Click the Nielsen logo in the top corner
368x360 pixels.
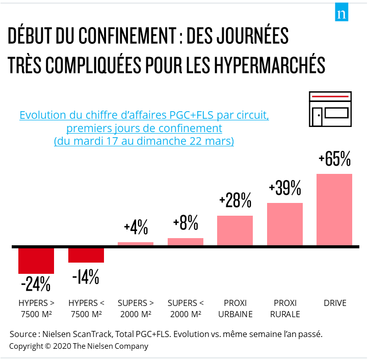coord(341,14)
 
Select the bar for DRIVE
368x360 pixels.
coord(334,210)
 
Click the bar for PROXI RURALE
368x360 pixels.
coord(285,224)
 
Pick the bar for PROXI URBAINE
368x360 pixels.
coord(235,231)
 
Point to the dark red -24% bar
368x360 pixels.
coord(36,261)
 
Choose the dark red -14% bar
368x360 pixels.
coord(86,255)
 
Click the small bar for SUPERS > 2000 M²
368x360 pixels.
coord(136,244)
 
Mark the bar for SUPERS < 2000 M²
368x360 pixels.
coord(186,242)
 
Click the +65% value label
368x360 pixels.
coord(334,160)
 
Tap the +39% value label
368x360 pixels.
coord(285,189)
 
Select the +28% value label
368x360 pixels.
coord(235,201)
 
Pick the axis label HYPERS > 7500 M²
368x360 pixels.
coord(36,308)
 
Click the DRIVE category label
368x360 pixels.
coord(335,303)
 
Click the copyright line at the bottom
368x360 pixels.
coord(78,346)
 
